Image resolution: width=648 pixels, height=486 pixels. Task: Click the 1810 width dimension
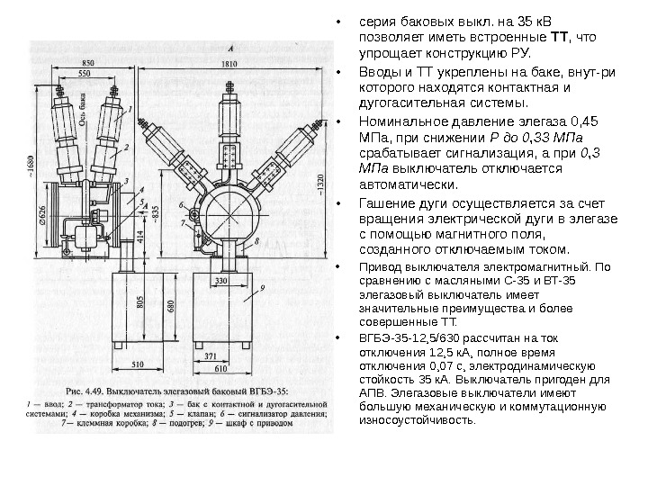coord(229,65)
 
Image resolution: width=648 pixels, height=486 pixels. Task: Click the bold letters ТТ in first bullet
coord(559,40)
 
